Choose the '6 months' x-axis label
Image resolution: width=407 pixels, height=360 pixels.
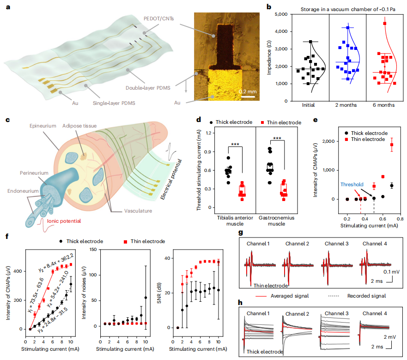384,105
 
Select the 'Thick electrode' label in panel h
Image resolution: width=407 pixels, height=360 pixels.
265,351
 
